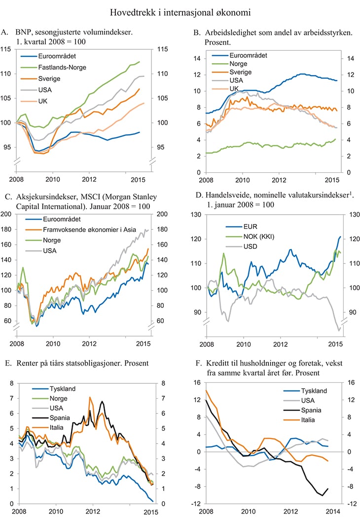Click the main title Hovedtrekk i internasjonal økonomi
180,11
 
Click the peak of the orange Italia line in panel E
90,397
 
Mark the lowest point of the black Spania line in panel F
323,495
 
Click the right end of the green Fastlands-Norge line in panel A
140,62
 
